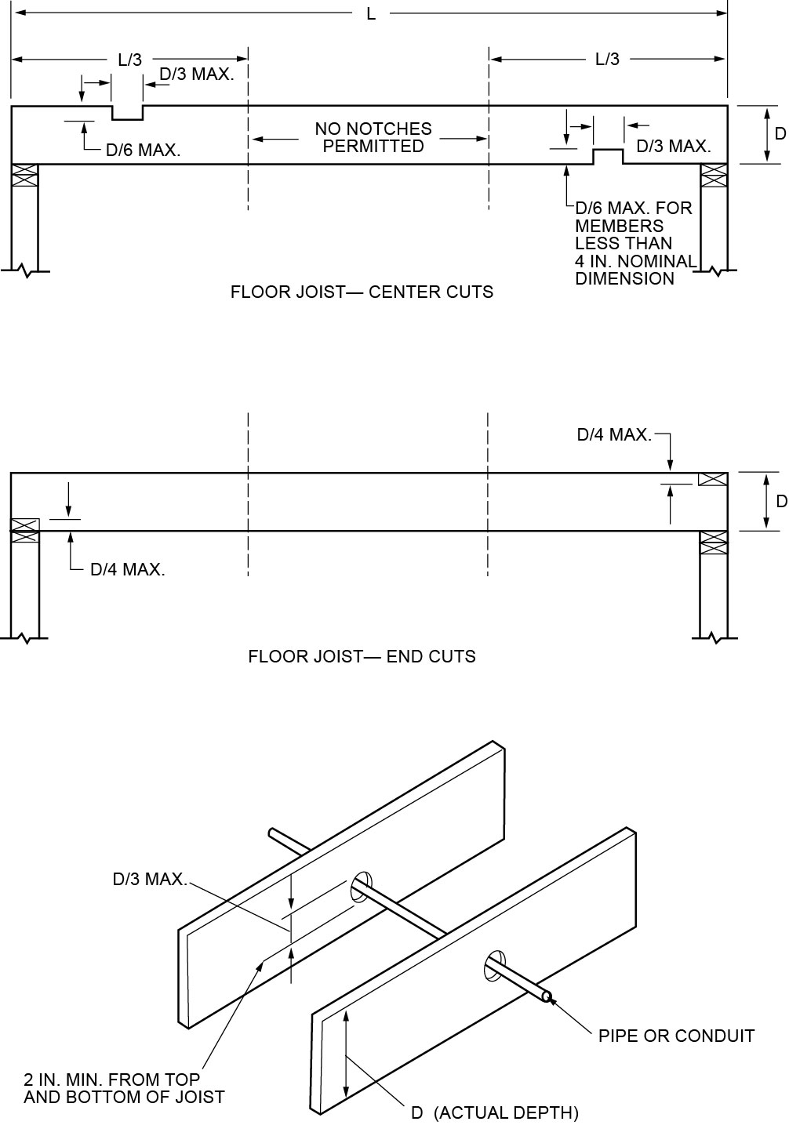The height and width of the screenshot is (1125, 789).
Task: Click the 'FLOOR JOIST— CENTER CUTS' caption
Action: [x=362, y=292]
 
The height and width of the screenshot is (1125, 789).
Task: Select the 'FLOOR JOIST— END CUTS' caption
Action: [x=362, y=656]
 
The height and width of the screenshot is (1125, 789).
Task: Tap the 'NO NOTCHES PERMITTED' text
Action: [x=373, y=137]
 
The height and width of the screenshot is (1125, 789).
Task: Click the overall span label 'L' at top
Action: [x=371, y=14]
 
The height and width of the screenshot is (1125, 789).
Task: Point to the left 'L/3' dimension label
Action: [x=129, y=60]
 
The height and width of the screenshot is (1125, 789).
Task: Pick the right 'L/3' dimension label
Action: [x=607, y=60]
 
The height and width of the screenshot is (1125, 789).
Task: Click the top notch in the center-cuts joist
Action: [x=127, y=113]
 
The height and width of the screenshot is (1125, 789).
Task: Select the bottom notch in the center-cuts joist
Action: [x=608, y=157]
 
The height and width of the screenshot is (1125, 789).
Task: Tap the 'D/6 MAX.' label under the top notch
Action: [x=144, y=151]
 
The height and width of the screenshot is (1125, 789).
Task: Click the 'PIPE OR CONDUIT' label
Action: [x=676, y=1036]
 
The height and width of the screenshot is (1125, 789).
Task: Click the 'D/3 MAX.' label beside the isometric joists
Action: [x=150, y=879]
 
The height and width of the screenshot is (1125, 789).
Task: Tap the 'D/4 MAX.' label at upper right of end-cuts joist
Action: [x=614, y=434]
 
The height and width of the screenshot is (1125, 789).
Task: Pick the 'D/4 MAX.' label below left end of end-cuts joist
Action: [x=128, y=569]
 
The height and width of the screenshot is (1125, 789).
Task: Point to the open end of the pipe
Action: [x=547, y=997]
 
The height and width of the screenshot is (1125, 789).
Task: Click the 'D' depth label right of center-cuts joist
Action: [x=780, y=134]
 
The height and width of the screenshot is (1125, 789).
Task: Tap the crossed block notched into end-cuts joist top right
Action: [x=712, y=479]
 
